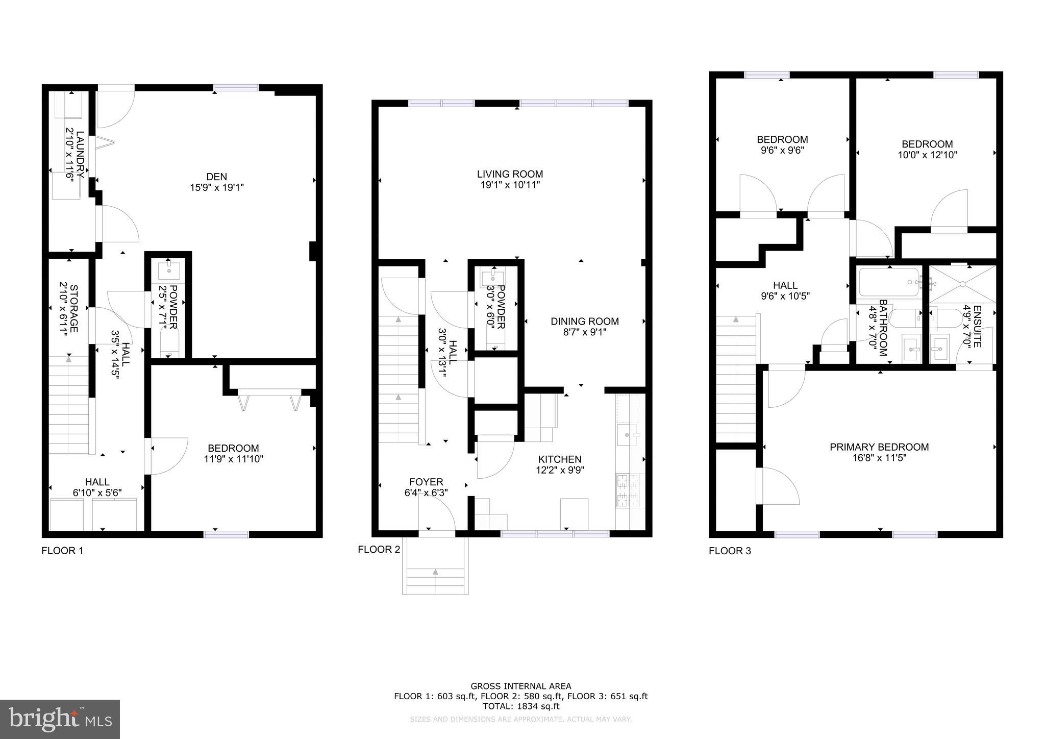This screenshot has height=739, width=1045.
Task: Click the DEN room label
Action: point(216,177)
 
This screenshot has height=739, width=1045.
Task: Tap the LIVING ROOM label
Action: point(510,174)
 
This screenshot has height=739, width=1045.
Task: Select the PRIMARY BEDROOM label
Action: point(879,447)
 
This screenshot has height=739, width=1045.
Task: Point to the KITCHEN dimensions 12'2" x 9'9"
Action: point(560,470)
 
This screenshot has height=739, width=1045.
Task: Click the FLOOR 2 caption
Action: point(379,549)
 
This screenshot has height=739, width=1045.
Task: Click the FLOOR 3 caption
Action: point(730,551)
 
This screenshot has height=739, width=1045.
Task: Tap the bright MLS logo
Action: point(60,719)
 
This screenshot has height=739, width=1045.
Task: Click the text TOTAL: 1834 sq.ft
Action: point(520,706)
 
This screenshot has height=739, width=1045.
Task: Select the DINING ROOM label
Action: point(584,322)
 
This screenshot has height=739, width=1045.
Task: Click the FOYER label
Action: point(426,482)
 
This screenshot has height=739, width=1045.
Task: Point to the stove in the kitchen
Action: point(629,490)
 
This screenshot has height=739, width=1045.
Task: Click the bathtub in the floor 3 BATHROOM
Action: point(888,282)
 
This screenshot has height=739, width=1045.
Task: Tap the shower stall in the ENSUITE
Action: point(962,284)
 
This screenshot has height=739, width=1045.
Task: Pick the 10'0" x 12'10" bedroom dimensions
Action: point(927,155)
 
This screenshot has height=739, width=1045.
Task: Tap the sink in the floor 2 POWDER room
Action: point(493,279)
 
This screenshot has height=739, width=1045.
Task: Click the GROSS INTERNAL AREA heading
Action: point(520,686)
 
